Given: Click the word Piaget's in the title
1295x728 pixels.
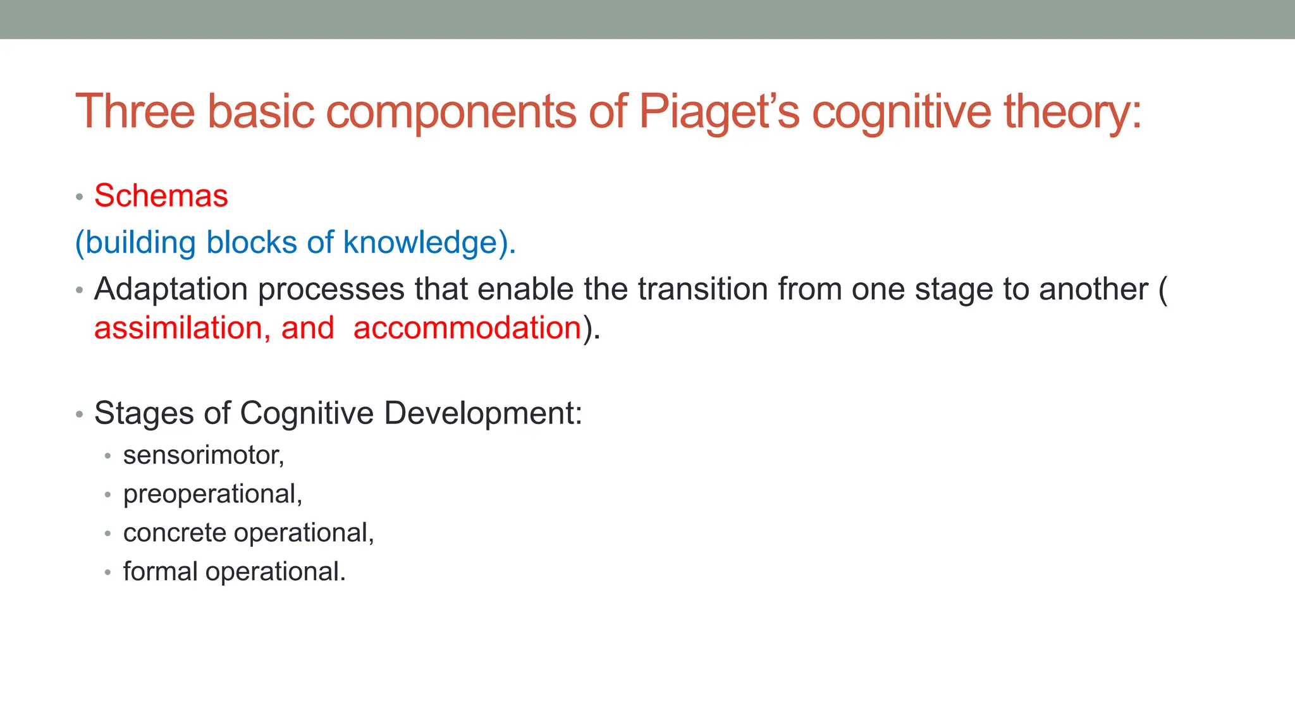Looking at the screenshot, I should tap(719, 112).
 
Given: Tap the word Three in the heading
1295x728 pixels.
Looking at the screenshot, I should tap(135, 112).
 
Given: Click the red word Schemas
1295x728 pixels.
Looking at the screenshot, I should tap(161, 196).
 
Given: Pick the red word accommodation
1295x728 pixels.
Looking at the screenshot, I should tap(467, 328).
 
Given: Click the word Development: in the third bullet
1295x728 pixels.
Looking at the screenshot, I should tap(482, 413).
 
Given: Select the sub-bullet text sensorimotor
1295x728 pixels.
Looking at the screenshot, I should tap(203, 455).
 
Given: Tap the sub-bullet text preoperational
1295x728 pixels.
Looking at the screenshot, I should tap(212, 494).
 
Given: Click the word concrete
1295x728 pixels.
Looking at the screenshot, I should tap(175, 533).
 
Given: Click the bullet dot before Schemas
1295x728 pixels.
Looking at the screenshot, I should tap(79, 197).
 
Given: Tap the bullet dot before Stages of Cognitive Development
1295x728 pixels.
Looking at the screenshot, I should tap(79, 415).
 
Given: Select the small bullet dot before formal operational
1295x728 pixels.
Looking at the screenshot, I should tap(108, 573).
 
